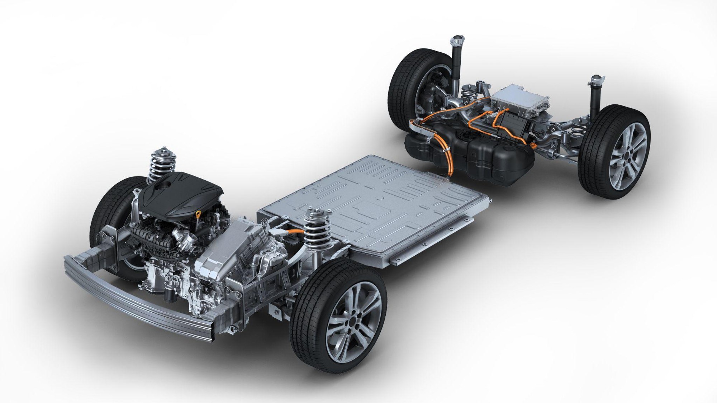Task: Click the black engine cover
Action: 179,194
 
